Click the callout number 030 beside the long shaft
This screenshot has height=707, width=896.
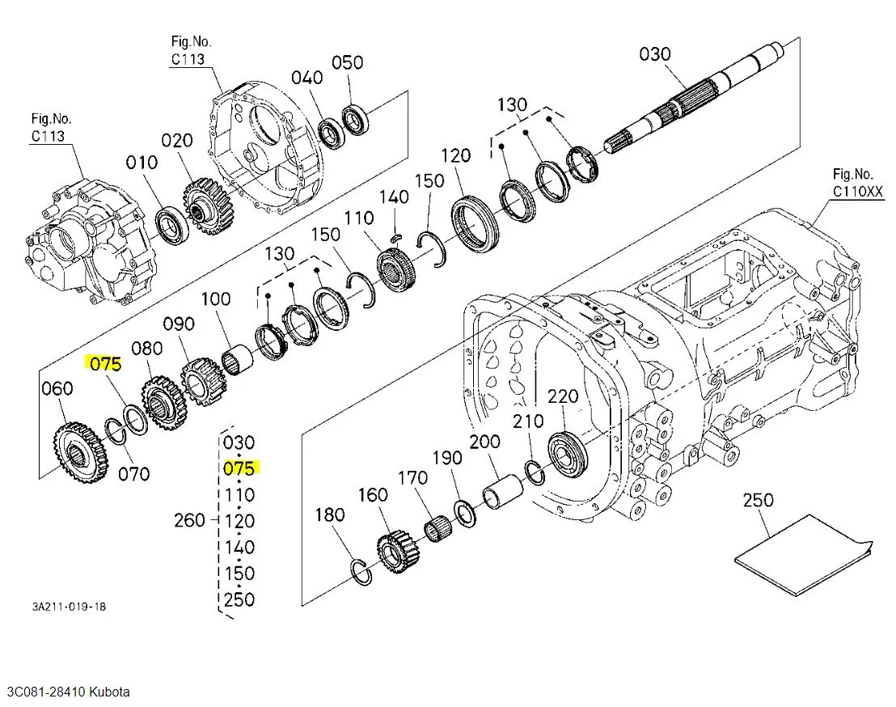click(x=655, y=54)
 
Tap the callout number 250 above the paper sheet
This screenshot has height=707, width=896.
click(x=759, y=500)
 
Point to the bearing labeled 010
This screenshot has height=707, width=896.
click(x=172, y=226)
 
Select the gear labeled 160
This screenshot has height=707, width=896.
click(x=399, y=552)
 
